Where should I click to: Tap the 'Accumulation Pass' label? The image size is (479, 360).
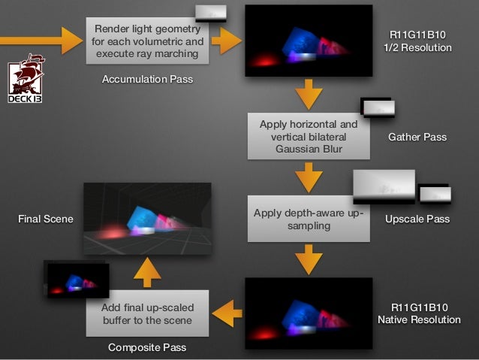tap(147, 79)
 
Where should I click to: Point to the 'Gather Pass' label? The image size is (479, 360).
tap(417, 138)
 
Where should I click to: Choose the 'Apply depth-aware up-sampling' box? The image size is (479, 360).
tap(309, 219)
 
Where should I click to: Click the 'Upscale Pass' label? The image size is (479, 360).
tap(417, 219)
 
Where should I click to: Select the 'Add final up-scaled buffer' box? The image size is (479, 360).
tap(148, 313)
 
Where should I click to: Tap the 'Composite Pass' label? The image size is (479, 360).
tap(147, 347)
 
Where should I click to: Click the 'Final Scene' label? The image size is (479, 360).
tap(45, 219)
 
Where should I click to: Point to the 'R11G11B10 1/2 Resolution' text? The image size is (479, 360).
tap(417, 41)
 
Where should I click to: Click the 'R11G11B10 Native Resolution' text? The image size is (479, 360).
tap(417, 313)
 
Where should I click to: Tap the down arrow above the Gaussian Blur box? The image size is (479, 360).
tap(309, 95)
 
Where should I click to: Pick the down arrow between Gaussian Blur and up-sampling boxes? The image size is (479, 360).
tap(309, 179)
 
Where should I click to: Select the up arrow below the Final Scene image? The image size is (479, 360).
tap(148, 271)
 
